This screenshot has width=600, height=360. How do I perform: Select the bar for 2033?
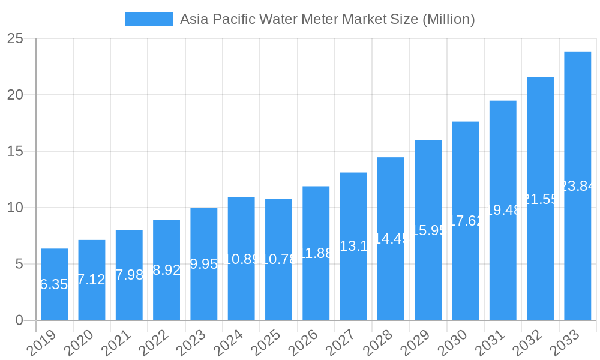577,185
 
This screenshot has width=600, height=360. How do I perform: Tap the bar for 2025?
278,259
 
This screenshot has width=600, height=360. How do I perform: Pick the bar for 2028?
391,238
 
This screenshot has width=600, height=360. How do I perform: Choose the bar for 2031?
503,210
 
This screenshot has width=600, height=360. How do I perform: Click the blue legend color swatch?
148,19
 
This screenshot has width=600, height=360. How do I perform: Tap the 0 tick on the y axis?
19,320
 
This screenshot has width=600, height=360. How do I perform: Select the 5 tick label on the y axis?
19,264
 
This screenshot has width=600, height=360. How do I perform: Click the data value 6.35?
54,284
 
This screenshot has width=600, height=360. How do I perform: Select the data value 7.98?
129,275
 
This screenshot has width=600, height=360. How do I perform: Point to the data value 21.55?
540,199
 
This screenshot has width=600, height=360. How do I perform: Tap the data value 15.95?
428,230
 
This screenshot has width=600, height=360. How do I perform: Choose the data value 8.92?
166,270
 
